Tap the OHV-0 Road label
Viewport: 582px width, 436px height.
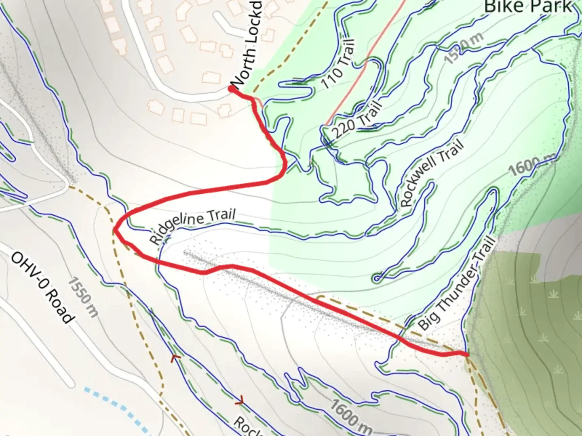[x=42, y=287]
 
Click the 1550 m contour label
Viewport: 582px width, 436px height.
[x=82, y=297]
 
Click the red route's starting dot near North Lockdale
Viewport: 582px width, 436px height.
[x=232, y=89]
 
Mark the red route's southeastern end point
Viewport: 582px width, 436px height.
[x=467, y=354]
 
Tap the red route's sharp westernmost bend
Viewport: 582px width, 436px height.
[x=116, y=230]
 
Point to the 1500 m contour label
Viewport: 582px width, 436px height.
[x=464, y=48]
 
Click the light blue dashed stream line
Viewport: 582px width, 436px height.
[x=117, y=408]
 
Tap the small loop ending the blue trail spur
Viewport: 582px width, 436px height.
[x=377, y=278]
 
